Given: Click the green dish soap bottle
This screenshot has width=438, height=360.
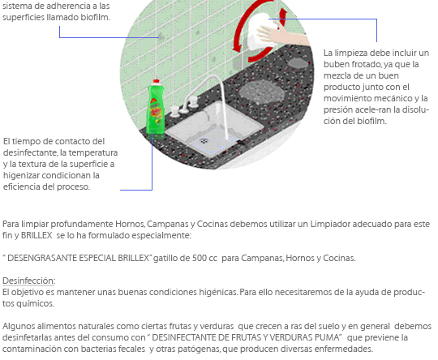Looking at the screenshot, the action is tap(156, 109).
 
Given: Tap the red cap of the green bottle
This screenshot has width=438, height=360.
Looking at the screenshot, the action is tap(157, 81).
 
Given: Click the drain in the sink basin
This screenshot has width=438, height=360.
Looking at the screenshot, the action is tap(204, 141).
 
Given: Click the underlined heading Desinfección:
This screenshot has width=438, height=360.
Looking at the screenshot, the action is tap(28, 281).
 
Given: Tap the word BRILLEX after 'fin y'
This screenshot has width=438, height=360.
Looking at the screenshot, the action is tap(36, 235).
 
